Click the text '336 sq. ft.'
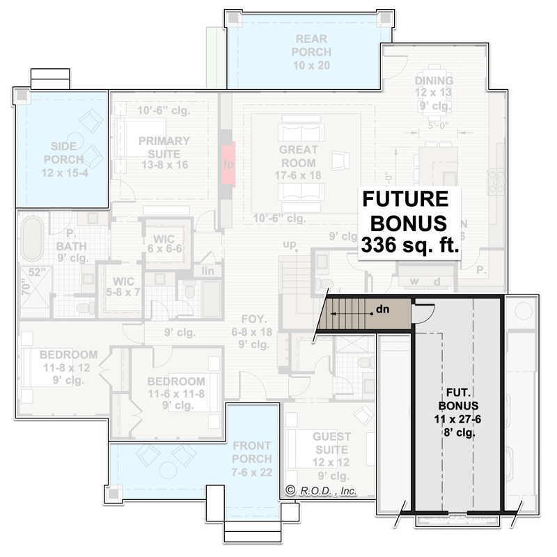(409, 245)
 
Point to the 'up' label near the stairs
(290, 244)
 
